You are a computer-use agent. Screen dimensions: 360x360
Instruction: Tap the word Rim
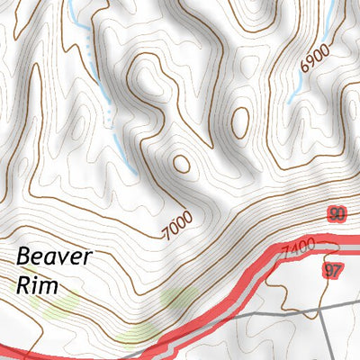tap(37, 286)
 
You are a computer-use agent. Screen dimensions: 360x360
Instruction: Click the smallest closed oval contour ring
tap(182, 163)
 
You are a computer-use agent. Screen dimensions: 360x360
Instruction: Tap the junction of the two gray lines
tap(321, 310)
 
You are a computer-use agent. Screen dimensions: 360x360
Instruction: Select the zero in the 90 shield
tap(341, 214)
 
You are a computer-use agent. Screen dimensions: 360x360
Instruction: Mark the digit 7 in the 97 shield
tap(337, 271)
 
